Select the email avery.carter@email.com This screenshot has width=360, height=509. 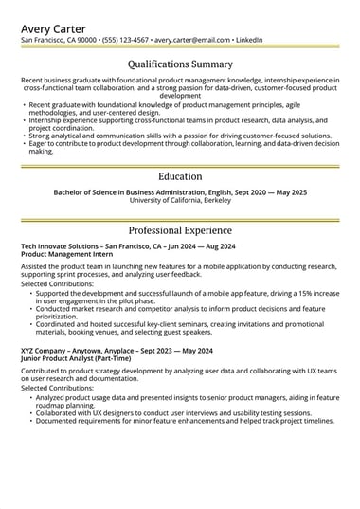coord(192,41)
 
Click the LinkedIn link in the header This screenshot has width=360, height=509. coord(249,41)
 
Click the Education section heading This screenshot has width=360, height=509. coord(180,176)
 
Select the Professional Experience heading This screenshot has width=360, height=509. coord(180,230)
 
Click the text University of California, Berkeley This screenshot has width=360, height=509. coord(180,201)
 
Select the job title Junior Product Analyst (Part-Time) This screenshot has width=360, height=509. coord(75,358)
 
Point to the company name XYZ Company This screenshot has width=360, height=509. coord(45,351)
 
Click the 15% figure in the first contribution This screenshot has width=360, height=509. coord(305,294)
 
